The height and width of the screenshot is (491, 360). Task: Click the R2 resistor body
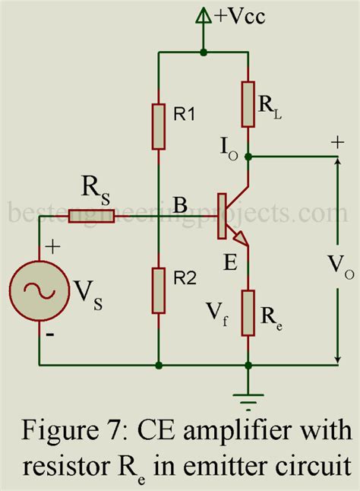(x=158, y=290)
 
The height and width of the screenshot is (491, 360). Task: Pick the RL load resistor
(x=248, y=104)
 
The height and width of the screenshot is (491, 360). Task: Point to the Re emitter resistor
(x=248, y=313)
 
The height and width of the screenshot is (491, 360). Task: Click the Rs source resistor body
(x=91, y=217)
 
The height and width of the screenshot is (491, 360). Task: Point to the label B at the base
(x=181, y=206)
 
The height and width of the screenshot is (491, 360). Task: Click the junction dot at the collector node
(x=248, y=157)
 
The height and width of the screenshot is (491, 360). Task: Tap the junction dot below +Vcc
(x=203, y=53)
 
